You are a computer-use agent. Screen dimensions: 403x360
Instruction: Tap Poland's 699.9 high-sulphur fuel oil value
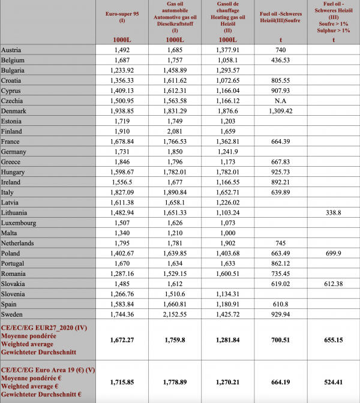click(334, 252)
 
